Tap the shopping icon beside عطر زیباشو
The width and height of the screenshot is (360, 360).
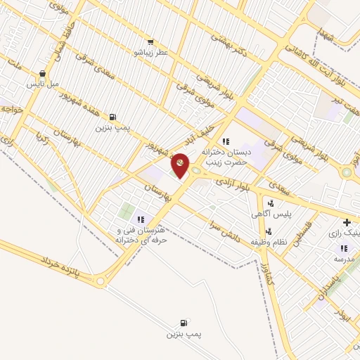[x=150, y=42]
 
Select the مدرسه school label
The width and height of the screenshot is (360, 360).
[x=343, y=259]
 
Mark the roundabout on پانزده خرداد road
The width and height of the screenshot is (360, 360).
[x=101, y=281]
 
